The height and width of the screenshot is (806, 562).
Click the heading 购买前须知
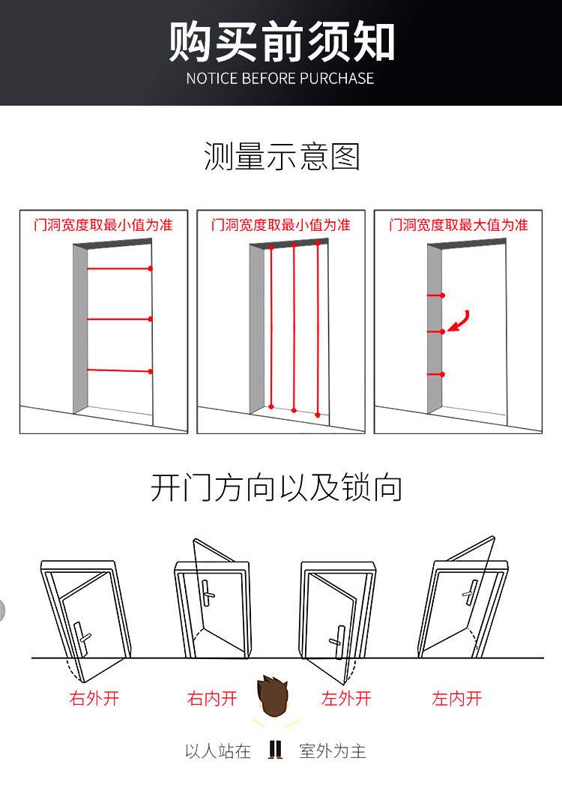(281, 41)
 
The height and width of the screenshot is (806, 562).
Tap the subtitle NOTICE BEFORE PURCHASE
(280, 78)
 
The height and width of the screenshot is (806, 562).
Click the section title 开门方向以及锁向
(277, 487)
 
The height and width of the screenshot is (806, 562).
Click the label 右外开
(94, 699)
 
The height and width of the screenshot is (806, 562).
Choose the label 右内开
(212, 699)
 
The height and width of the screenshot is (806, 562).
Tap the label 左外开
(346, 699)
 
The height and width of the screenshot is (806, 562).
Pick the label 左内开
(456, 699)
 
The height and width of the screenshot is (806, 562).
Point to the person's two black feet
(275, 749)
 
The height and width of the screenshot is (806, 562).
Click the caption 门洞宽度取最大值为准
(458, 224)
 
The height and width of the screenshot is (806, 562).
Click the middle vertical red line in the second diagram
(294, 328)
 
